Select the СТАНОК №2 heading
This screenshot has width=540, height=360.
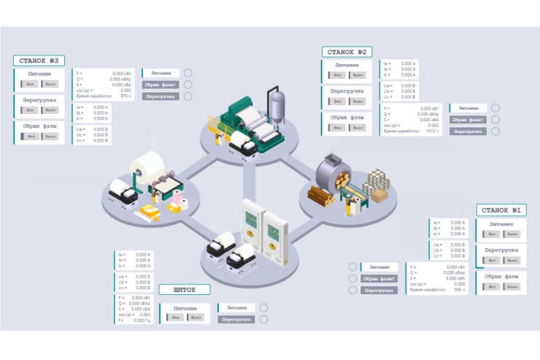347,52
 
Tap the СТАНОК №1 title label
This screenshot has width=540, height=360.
501,210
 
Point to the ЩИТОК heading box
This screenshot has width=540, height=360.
184,290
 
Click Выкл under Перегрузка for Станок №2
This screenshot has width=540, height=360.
355,102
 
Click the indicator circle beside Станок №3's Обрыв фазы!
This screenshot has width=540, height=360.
188,84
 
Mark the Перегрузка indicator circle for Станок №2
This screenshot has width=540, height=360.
495,131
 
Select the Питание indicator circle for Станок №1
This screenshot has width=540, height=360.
353,267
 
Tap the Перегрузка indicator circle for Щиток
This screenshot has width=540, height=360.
263,319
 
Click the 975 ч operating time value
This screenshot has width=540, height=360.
125,96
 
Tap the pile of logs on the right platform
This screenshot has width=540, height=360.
321,194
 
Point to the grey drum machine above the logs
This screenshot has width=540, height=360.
333,171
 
